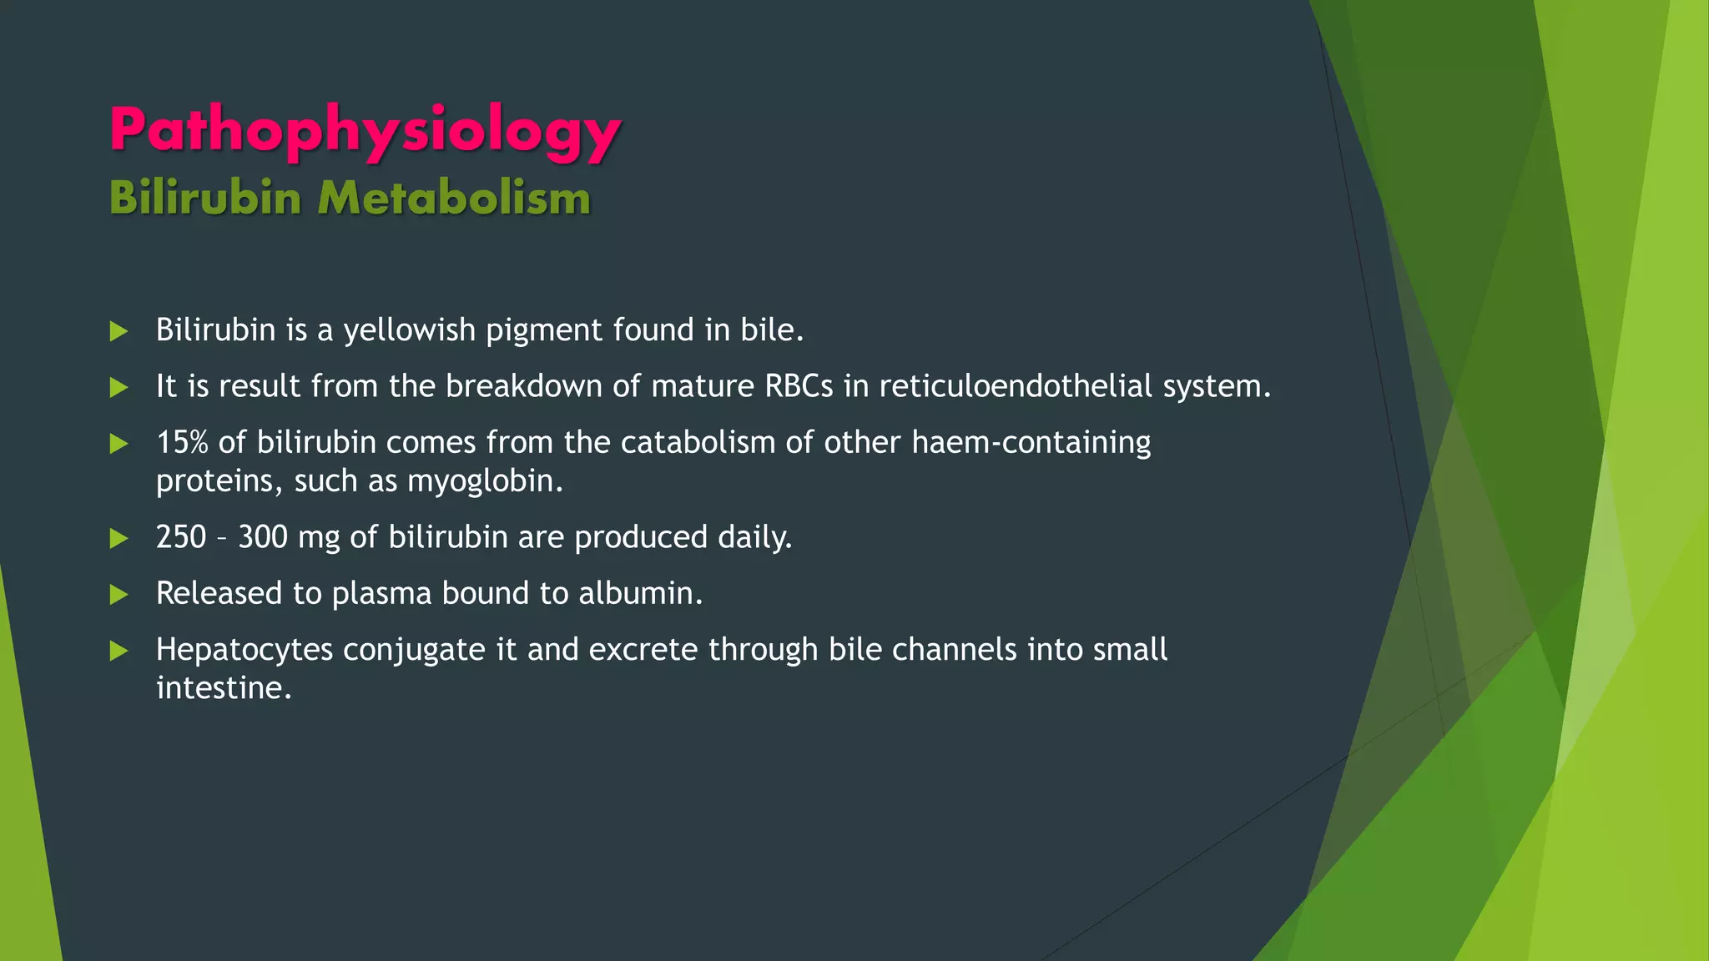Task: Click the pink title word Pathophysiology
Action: click(365, 131)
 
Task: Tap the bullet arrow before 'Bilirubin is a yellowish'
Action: click(119, 331)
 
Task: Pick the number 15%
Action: click(182, 442)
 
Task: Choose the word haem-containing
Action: click(1031, 442)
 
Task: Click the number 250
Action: click(181, 537)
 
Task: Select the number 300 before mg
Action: click(263, 537)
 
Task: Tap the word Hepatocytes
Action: click(245, 650)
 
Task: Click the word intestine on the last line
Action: click(224, 688)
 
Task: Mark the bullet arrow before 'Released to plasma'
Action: click(119, 595)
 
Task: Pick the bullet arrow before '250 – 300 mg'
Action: click(119, 539)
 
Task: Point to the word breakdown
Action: click(523, 386)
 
